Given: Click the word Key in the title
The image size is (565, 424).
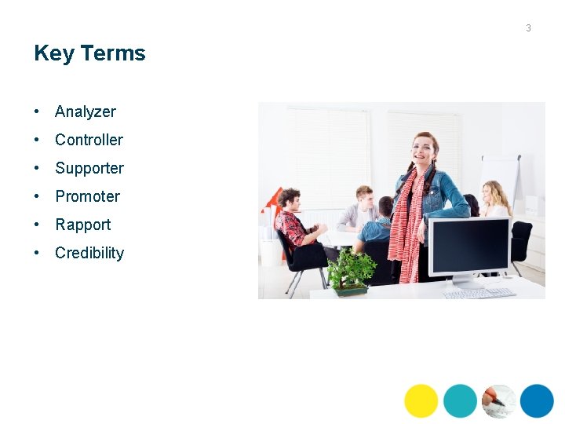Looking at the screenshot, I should (54, 53).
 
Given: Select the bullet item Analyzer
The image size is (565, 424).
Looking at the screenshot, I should (85, 111).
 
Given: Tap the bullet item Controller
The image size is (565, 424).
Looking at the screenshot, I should (89, 140).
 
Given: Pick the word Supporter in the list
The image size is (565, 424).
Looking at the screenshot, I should (89, 168).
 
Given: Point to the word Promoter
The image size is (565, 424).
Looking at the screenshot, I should (87, 196).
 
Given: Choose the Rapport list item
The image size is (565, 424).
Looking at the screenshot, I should (82, 225).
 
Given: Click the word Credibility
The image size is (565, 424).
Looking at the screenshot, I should (89, 253).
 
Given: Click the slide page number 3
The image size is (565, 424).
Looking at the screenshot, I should (528, 28).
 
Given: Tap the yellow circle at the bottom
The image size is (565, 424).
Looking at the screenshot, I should (421, 400).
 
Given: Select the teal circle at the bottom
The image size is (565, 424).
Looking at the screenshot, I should (460, 400).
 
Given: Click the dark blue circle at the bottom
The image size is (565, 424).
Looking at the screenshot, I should (537, 400).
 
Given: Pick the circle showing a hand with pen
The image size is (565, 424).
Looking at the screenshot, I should (499, 400).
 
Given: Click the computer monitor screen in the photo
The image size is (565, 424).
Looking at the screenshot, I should (469, 245).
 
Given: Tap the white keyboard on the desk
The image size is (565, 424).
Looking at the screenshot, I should (479, 293).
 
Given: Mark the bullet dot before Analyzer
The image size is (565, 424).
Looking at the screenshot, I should (38, 111).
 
